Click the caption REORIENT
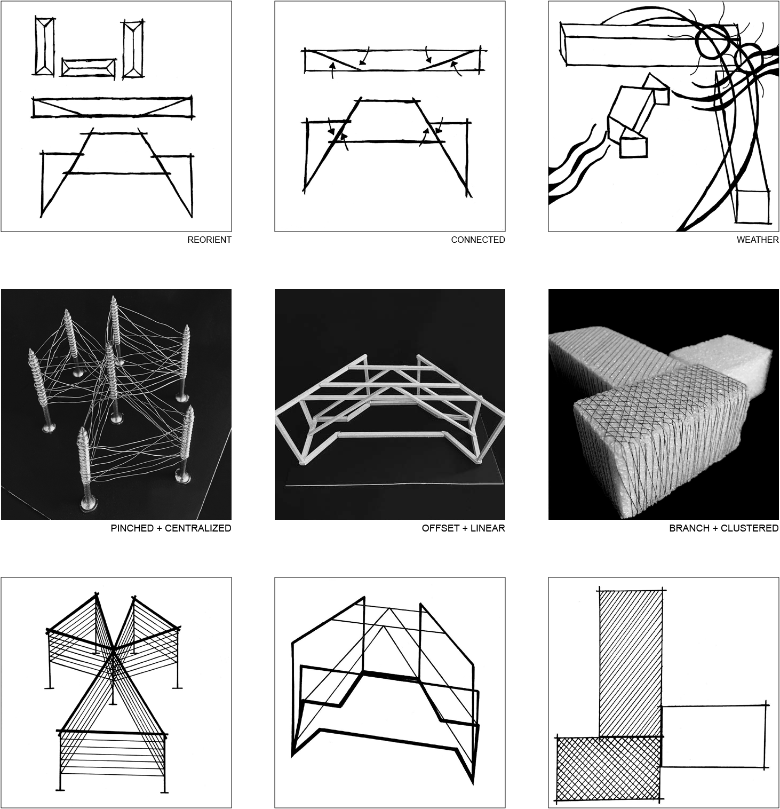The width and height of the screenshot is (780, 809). click(209, 240)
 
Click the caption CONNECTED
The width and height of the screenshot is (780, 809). click(477, 240)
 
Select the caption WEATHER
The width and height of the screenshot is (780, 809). click(758, 240)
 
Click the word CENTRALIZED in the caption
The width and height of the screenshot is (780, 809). click(198, 528)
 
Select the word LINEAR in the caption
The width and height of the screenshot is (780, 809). click(487, 528)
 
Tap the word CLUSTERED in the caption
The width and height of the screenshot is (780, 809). click(750, 528)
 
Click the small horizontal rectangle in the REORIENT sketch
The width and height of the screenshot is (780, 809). click(89, 68)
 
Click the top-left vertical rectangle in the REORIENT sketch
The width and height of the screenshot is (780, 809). click(44, 46)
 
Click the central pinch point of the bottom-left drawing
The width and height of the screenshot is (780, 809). click(114, 649)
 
